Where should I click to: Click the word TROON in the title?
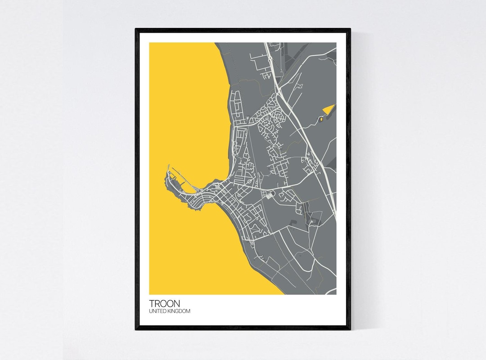165,304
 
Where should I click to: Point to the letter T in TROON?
152,304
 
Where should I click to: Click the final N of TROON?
177,304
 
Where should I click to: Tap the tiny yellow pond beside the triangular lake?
321,119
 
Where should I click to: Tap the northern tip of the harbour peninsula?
168,165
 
